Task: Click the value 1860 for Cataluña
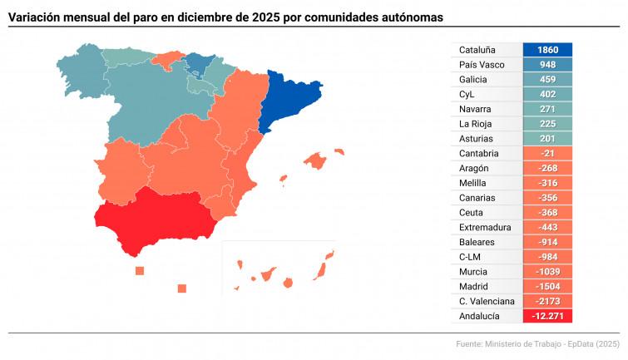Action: tap(547, 50)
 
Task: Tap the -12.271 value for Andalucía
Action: tap(547, 316)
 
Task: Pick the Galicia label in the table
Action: tap(473, 80)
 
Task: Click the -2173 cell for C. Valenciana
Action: tap(547, 301)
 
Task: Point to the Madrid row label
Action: tap(473, 286)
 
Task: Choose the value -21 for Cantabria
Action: tap(547, 154)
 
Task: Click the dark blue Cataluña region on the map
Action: tap(287, 100)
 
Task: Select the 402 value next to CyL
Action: tap(547, 95)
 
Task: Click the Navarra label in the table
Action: tap(474, 109)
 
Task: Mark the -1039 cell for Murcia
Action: tap(547, 272)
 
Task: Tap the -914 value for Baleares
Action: tap(547, 242)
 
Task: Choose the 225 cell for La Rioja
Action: tap(547, 124)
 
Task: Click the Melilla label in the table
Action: tap(472, 183)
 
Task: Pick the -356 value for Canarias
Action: tap(547, 198)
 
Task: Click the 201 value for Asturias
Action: tap(547, 139)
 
